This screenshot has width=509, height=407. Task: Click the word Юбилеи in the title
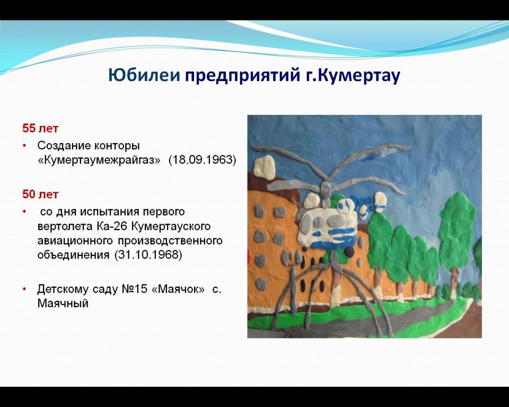pyautogui.click(x=144, y=75)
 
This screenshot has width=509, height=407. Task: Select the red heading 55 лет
pyautogui.click(x=40, y=128)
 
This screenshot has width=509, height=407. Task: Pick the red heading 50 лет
pyautogui.click(x=40, y=194)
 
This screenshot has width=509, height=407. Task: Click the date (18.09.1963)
pyautogui.click(x=202, y=160)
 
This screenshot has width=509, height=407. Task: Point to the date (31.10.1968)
pyautogui.click(x=148, y=255)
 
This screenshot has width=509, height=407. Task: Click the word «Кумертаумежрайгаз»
pyautogui.click(x=99, y=160)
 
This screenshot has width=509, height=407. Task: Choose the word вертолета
pyautogui.click(x=65, y=226)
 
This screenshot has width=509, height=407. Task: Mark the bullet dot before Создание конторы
pyautogui.click(x=24, y=146)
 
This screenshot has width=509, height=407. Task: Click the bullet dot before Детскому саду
pyautogui.click(x=24, y=289)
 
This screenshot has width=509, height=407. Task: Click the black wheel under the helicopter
pyautogui.click(x=349, y=252)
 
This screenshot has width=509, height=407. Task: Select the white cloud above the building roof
pyautogui.click(x=264, y=167)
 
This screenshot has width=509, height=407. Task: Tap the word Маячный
pyautogui.click(x=63, y=304)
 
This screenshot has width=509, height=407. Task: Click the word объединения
pyautogui.click(x=73, y=255)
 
